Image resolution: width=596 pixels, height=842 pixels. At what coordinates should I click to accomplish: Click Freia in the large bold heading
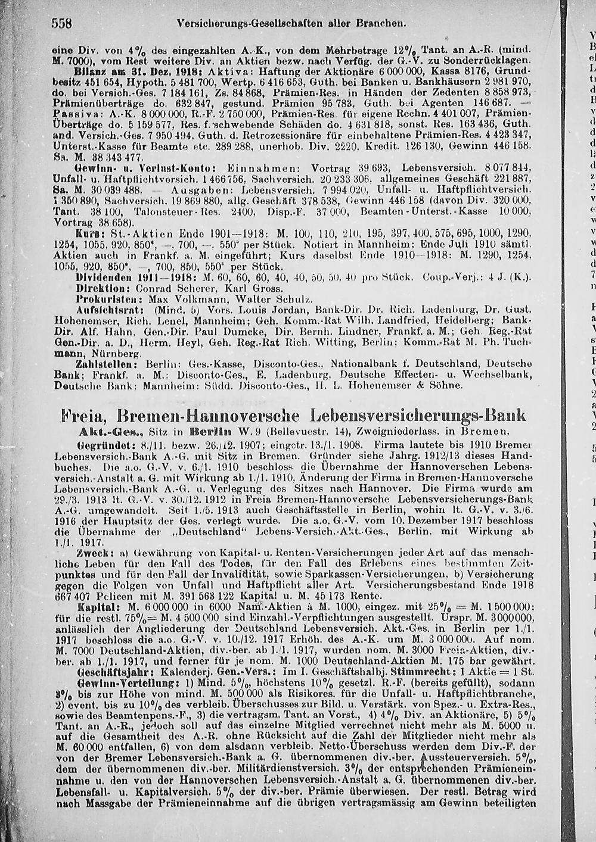84,415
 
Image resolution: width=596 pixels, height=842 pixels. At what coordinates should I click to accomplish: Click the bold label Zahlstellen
103,363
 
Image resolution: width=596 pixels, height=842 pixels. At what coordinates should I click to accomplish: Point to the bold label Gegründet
101,444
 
